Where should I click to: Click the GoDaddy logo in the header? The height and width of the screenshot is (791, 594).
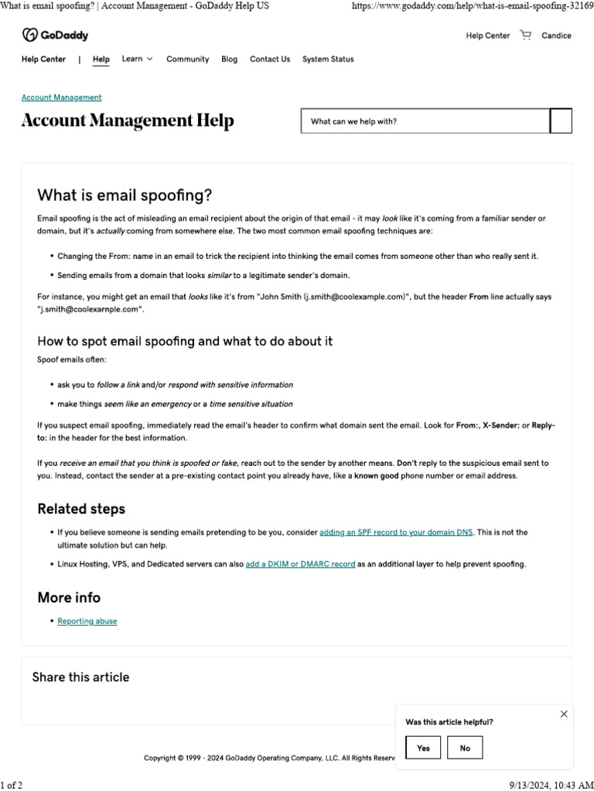[x=55, y=35]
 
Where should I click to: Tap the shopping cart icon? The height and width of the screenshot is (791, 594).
[x=526, y=35]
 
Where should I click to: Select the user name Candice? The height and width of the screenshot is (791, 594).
[x=556, y=36]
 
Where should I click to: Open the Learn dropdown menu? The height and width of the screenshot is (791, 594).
[x=137, y=59]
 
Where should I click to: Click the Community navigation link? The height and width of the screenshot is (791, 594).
[x=187, y=59]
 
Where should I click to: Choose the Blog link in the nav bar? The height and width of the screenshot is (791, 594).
[x=229, y=59]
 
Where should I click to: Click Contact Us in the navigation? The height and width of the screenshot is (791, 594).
[x=270, y=59]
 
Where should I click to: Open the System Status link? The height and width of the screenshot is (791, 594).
[x=328, y=59]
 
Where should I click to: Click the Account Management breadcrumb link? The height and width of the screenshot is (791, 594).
[x=61, y=97]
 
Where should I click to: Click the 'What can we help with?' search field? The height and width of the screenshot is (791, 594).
[x=425, y=121]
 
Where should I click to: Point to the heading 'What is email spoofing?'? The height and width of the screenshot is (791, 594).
[x=125, y=195]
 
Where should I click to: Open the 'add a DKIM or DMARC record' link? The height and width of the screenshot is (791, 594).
[x=300, y=564]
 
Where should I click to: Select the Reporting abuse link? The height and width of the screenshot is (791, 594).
[x=87, y=621]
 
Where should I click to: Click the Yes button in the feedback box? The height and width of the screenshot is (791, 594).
[x=423, y=748]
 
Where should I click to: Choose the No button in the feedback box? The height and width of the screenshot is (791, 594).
[x=465, y=748]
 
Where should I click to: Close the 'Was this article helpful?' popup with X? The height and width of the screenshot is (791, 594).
[x=564, y=715]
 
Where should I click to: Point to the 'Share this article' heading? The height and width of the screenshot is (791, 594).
[x=80, y=677]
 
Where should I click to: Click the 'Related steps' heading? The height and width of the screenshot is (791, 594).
[x=81, y=509]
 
